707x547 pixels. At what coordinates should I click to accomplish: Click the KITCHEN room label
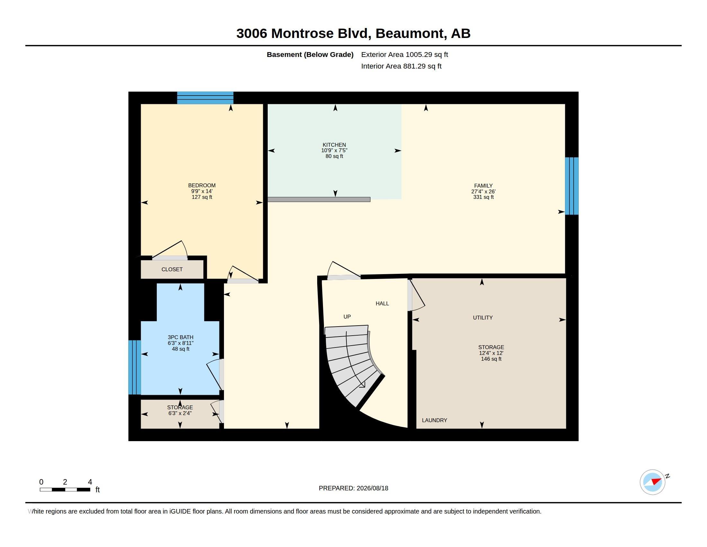[334, 145]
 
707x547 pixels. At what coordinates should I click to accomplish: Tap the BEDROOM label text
[202, 185]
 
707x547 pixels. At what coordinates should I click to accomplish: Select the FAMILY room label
[483, 186]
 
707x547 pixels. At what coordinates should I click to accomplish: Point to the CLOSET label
[172, 269]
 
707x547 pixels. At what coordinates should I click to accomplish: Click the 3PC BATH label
[180, 337]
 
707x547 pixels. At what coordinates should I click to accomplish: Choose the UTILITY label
[483, 318]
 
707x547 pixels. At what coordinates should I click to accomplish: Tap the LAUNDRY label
[434, 420]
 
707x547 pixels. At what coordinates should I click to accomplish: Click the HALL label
[382, 304]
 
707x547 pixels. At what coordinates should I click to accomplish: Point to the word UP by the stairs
[347, 317]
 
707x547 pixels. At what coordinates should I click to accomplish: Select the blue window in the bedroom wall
[205, 98]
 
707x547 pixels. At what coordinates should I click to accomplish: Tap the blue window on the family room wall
[572, 186]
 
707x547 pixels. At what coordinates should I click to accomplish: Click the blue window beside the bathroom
[135, 367]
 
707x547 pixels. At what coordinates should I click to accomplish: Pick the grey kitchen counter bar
[319, 199]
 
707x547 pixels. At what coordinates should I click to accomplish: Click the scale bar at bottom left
[65, 490]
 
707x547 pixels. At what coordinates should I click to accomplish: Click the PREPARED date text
[353, 488]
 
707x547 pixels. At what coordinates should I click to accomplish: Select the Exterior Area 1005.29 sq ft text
[405, 55]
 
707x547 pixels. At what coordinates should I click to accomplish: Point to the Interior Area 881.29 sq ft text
[401, 66]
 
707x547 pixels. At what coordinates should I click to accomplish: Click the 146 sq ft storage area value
[491, 359]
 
